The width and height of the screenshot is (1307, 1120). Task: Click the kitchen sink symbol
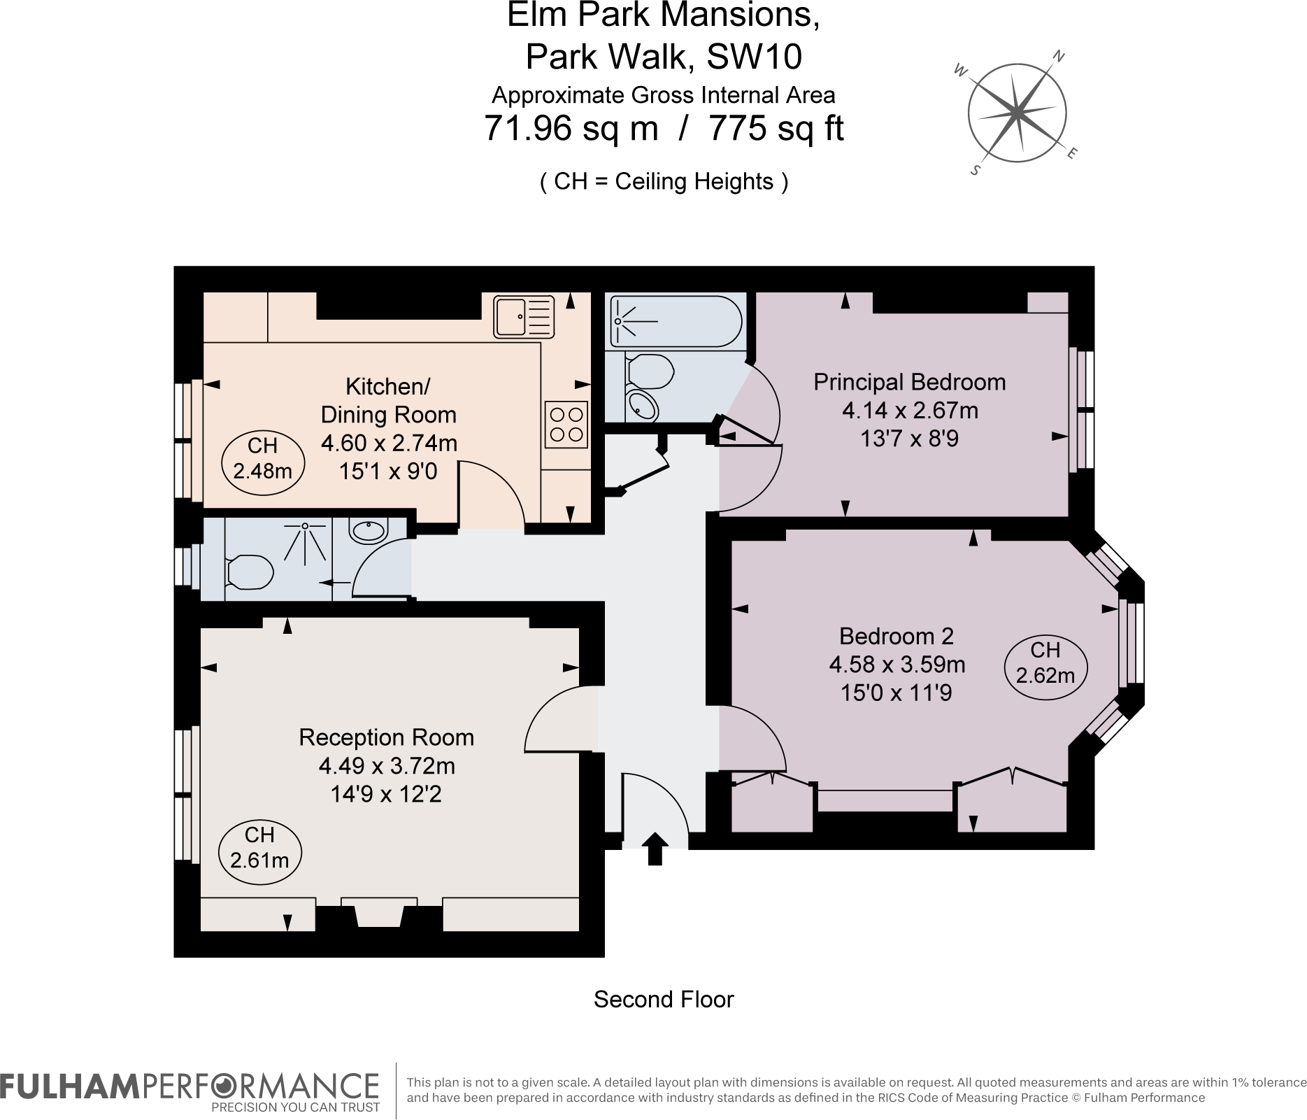pyautogui.click(x=524, y=316)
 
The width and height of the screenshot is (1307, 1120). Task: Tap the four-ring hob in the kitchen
pyautogui.click(x=566, y=425)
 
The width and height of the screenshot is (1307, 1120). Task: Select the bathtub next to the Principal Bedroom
pyautogui.click(x=675, y=321)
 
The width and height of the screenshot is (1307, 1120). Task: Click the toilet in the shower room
pyautogui.click(x=250, y=572)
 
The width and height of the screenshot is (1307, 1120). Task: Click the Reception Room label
pyautogui.click(x=386, y=737)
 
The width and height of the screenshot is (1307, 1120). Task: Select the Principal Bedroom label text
pyautogui.click(x=910, y=382)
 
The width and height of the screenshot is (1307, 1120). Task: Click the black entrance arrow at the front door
pyautogui.click(x=655, y=849)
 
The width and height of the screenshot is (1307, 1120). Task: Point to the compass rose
pyautogui.click(x=1017, y=113)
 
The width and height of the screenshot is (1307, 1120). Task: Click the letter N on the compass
pyautogui.click(x=1059, y=56)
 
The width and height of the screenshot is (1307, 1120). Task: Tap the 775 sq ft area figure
pyautogui.click(x=776, y=128)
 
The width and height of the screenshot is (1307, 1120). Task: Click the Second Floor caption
pyautogui.click(x=664, y=999)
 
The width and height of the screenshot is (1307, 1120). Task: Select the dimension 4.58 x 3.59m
pyautogui.click(x=897, y=664)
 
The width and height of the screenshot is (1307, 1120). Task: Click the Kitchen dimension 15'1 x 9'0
pyautogui.click(x=388, y=471)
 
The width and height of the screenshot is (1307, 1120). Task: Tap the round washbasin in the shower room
pyautogui.click(x=368, y=531)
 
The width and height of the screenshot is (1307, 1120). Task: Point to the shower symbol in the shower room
pyautogui.click(x=304, y=542)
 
